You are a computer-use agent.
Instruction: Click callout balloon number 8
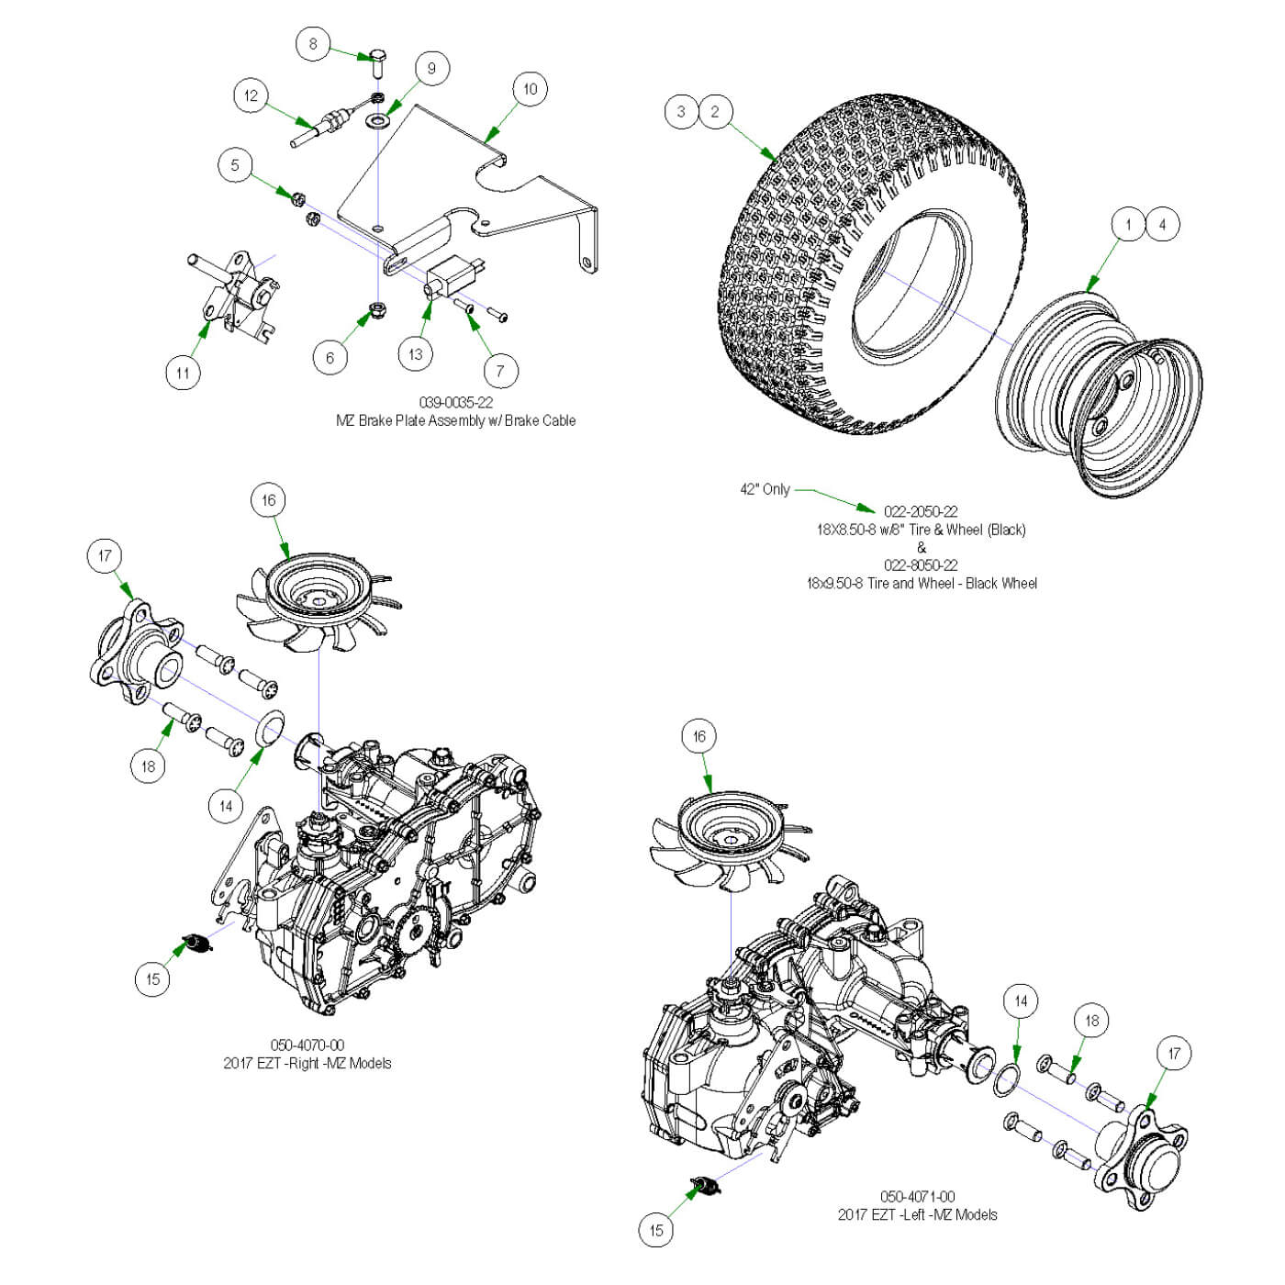pyautogui.click(x=313, y=43)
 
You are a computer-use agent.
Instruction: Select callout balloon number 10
pyautogui.click(x=530, y=89)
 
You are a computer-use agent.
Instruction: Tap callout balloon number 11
pyautogui.click(x=183, y=372)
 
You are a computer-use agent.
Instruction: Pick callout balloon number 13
pyautogui.click(x=416, y=353)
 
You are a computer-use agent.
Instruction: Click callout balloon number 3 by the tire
pyautogui.click(x=681, y=112)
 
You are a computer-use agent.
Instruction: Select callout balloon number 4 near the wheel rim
pyautogui.click(x=1162, y=224)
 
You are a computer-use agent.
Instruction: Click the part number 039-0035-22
pyautogui.click(x=455, y=403)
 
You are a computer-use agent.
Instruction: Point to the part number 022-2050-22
pyautogui.click(x=920, y=511)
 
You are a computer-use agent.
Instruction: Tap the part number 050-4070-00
pyautogui.click(x=307, y=1045)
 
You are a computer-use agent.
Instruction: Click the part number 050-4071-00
pyautogui.click(x=917, y=1196)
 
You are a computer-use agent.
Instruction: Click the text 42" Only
pyautogui.click(x=765, y=489)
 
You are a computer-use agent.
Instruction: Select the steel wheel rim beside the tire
pyautogui.click(x=1101, y=395)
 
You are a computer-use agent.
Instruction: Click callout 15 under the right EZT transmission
pyautogui.click(x=152, y=978)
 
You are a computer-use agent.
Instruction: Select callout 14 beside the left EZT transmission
pyautogui.click(x=1021, y=1000)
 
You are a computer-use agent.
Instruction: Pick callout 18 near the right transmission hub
pyautogui.click(x=149, y=765)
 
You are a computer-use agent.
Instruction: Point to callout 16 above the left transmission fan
pyautogui.click(x=699, y=736)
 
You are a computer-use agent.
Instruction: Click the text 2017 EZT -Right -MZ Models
pyautogui.click(x=307, y=1063)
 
